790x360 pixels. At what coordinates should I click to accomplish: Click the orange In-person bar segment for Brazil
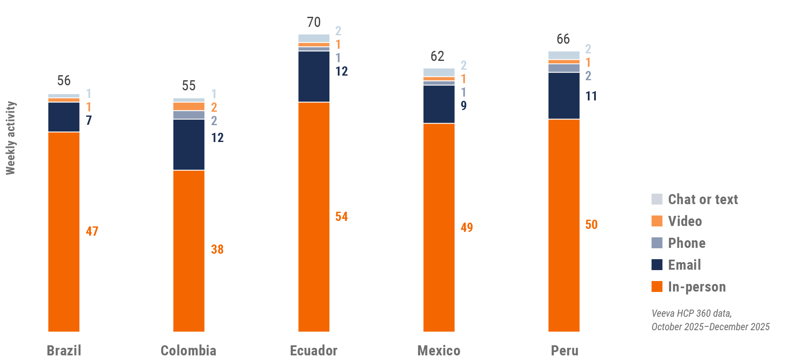pyautogui.click(x=64, y=231)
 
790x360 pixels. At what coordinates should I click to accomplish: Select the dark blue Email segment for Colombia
pyautogui.click(x=189, y=145)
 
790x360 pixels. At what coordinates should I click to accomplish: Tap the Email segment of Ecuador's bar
pyautogui.click(x=313, y=76)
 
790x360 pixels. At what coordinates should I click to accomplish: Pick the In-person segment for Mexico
pyautogui.click(x=439, y=227)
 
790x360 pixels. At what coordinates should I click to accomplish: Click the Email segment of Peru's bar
pyautogui.click(x=564, y=96)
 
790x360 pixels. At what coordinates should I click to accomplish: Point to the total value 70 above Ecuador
pyautogui.click(x=313, y=22)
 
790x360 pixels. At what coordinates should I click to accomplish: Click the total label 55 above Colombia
pyautogui.click(x=189, y=86)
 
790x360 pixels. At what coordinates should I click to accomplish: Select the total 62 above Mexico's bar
pyautogui.click(x=437, y=56)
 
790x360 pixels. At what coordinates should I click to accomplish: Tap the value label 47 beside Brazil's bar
pyautogui.click(x=92, y=231)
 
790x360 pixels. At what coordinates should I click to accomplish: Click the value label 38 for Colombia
pyautogui.click(x=217, y=249)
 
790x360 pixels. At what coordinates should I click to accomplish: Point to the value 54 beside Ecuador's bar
pyautogui.click(x=341, y=216)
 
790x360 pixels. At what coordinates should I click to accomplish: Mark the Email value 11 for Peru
pyautogui.click(x=591, y=96)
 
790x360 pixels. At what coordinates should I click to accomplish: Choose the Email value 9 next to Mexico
pyautogui.click(x=463, y=105)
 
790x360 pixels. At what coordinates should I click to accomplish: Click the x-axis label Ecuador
pyautogui.click(x=313, y=350)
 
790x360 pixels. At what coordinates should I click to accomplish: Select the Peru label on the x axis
pyautogui.click(x=564, y=350)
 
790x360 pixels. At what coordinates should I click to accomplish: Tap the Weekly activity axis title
pyautogui.click(x=11, y=138)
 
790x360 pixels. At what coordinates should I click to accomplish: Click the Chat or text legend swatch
pyautogui.click(x=657, y=199)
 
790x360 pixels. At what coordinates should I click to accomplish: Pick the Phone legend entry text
pyautogui.click(x=687, y=243)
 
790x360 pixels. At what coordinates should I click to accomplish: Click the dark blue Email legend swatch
pyautogui.click(x=657, y=265)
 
